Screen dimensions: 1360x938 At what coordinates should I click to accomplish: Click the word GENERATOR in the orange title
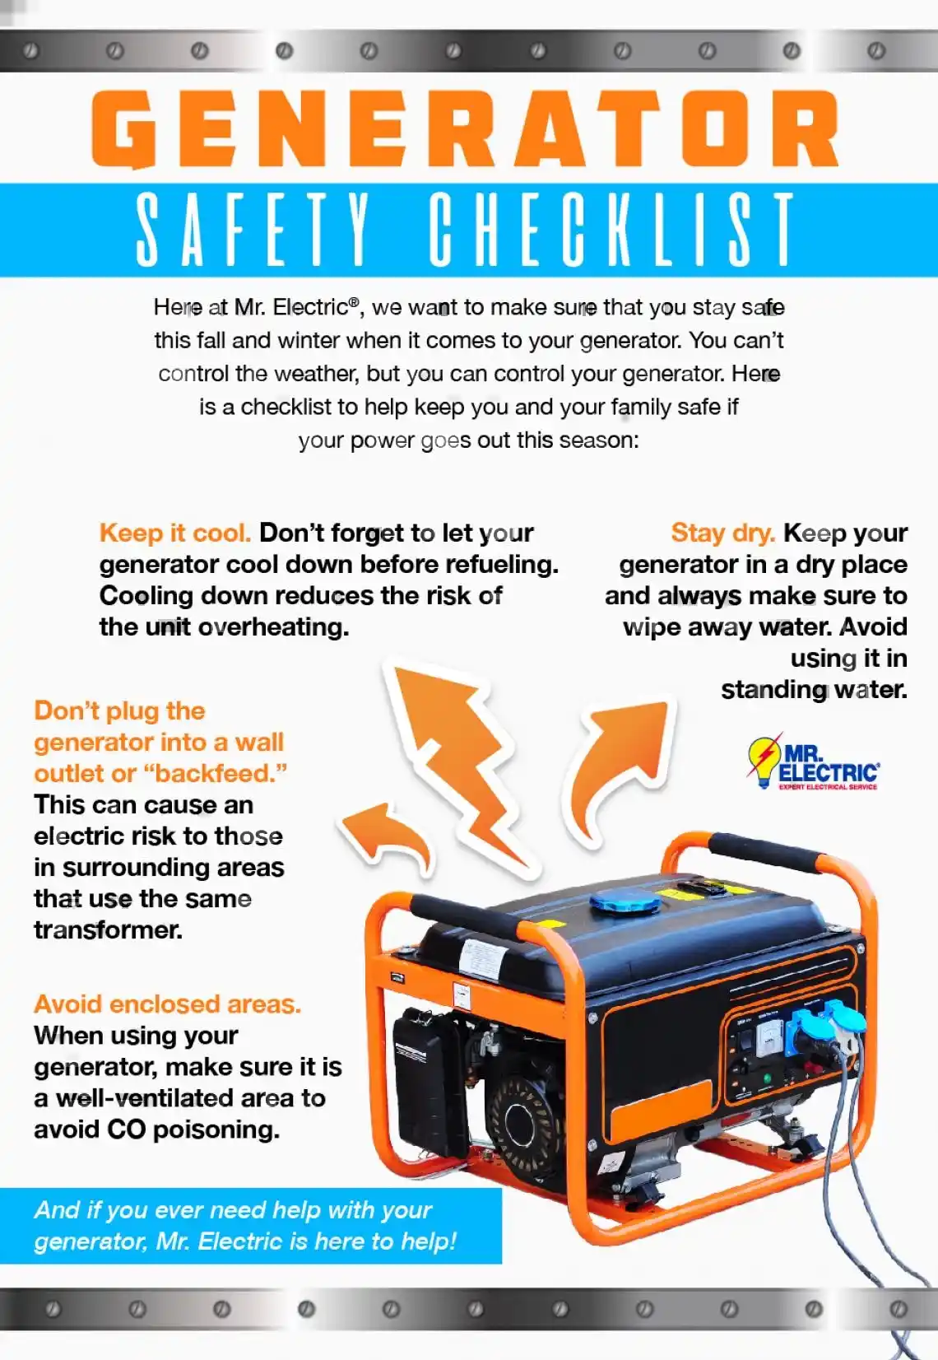coord(466,129)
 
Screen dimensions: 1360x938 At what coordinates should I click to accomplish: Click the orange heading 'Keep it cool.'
coord(174,533)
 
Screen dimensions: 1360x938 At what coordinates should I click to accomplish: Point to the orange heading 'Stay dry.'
coord(722,533)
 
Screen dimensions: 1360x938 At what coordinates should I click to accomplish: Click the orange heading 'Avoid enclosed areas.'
coord(167,1004)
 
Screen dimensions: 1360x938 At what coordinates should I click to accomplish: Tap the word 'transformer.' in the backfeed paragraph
coord(108,929)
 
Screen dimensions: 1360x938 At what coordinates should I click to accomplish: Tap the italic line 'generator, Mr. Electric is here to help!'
coord(244,1241)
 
